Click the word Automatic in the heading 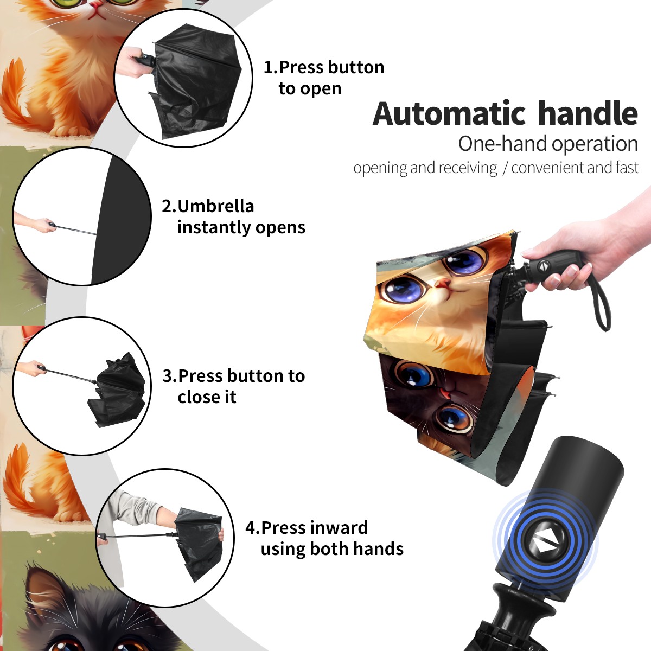point(450,113)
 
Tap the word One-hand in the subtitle point(503,144)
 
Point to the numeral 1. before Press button point(271,67)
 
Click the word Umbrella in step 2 point(215,206)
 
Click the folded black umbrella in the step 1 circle point(196,81)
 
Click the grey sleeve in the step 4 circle point(135,507)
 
